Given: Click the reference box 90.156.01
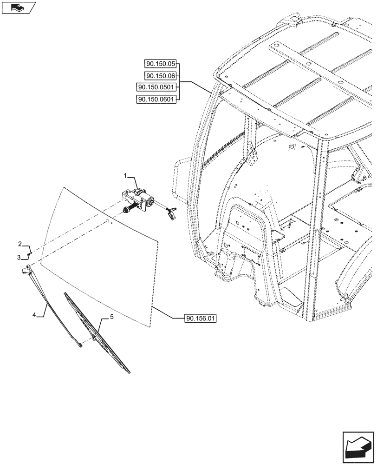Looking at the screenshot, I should (x=201, y=319).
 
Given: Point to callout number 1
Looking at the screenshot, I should (x=125, y=175).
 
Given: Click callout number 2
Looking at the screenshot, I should (x=20, y=244).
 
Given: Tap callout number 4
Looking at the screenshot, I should (x=34, y=315).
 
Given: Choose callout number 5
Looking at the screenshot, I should (x=111, y=317).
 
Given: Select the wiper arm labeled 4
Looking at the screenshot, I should (x=51, y=302).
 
